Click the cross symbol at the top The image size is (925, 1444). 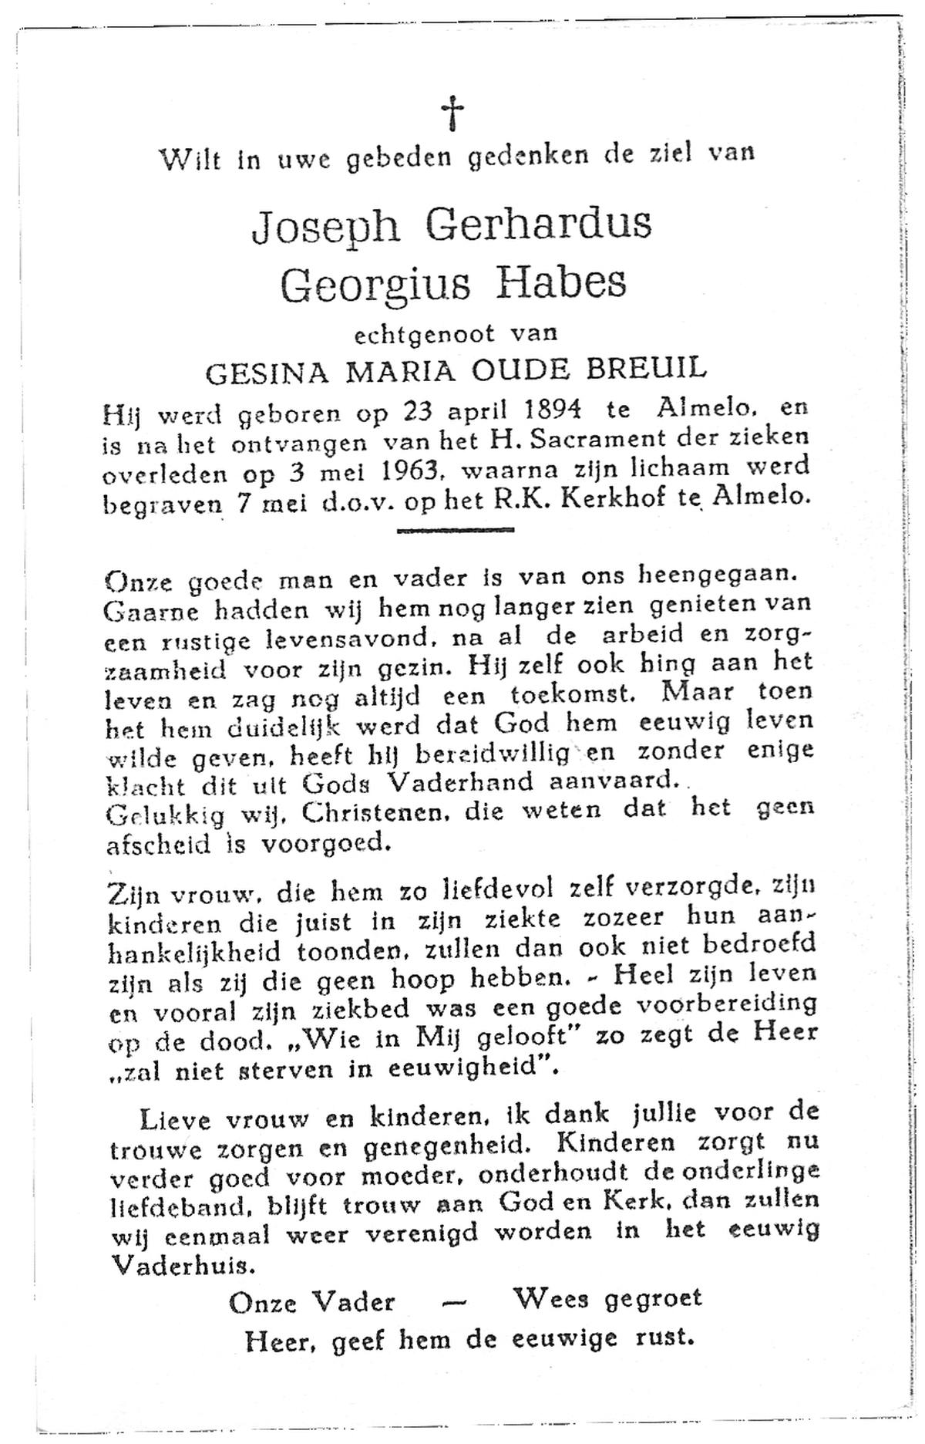tap(454, 113)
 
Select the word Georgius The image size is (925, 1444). tap(375, 286)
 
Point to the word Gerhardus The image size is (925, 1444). tap(544, 226)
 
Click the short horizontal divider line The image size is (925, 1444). tap(455, 530)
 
